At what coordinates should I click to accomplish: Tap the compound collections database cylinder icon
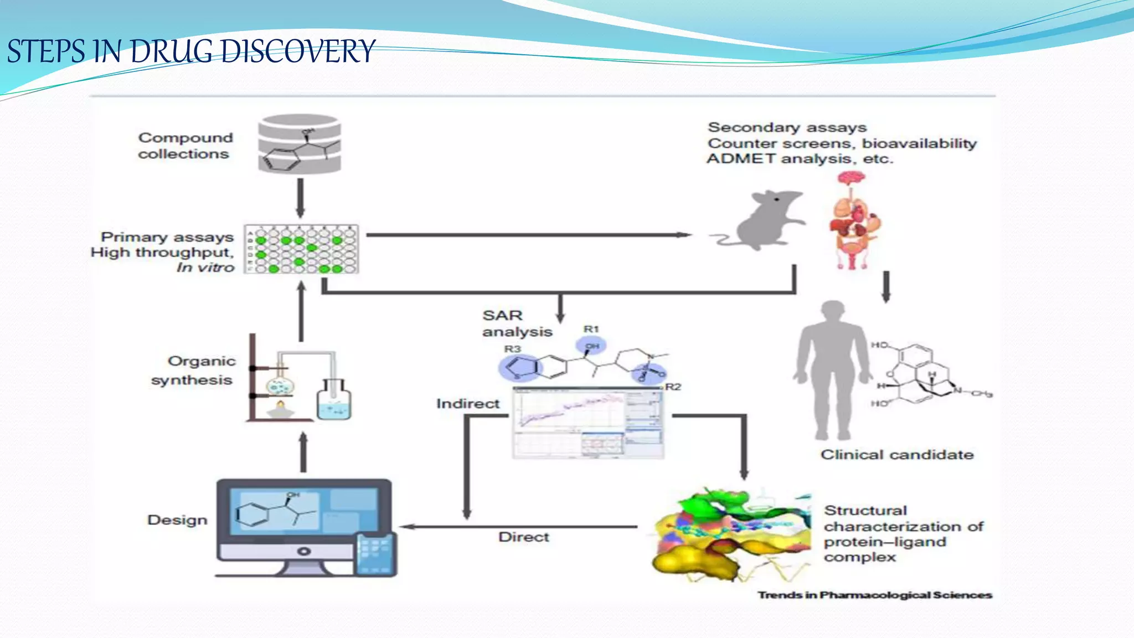[x=299, y=144]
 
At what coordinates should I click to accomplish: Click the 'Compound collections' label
[x=185, y=146]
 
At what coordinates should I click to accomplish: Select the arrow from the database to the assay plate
[x=300, y=198]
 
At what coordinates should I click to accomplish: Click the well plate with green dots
[x=302, y=249]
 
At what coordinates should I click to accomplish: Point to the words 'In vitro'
[x=205, y=267]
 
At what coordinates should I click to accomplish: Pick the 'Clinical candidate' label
[x=896, y=455]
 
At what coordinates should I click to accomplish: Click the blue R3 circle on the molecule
[x=518, y=367]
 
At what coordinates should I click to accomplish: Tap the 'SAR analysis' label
[x=516, y=323]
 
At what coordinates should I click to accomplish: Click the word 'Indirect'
[x=468, y=404]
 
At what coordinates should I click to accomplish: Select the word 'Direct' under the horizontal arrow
[x=523, y=537]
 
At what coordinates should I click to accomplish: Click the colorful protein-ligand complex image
[x=731, y=534]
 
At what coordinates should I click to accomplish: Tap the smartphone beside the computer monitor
[x=375, y=554]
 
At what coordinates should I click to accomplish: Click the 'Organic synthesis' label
[x=194, y=371]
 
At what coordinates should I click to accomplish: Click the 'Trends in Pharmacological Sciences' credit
[x=874, y=595]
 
